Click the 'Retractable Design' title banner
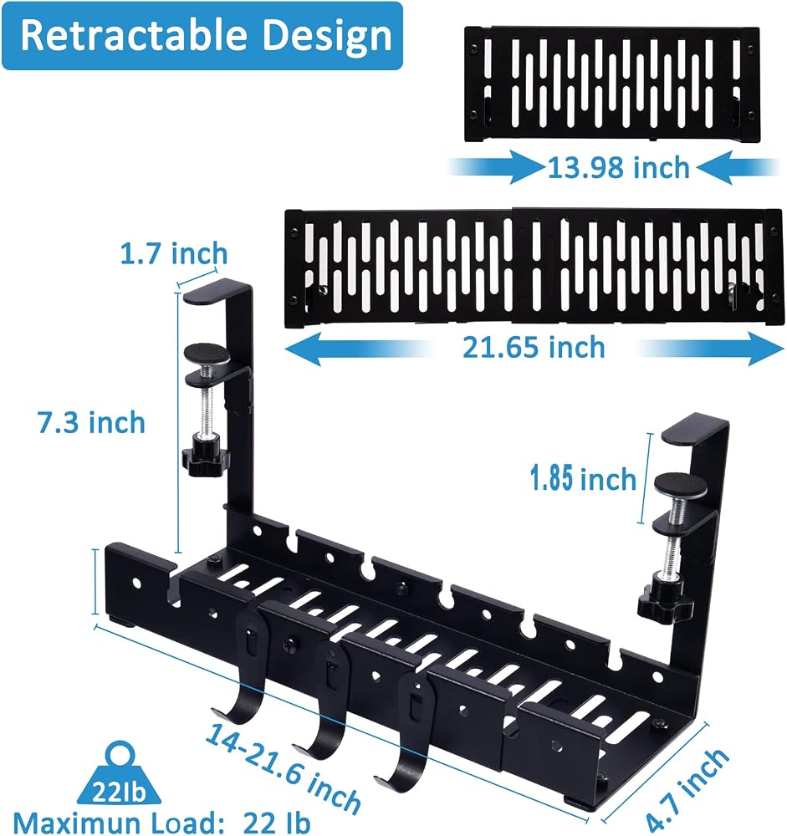pyautogui.click(x=202, y=36)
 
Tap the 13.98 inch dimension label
pyautogui.click(x=619, y=168)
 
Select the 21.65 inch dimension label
pyautogui.click(x=534, y=348)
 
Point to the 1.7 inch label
pyautogui.click(x=174, y=253)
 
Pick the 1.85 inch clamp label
pyautogui.click(x=584, y=477)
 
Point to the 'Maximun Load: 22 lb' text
pyautogui.click(x=161, y=823)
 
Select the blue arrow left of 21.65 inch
pyautogui.click(x=359, y=349)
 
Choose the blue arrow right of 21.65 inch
pyautogui.click(x=709, y=349)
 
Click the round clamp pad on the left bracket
pyautogui.click(x=207, y=354)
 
